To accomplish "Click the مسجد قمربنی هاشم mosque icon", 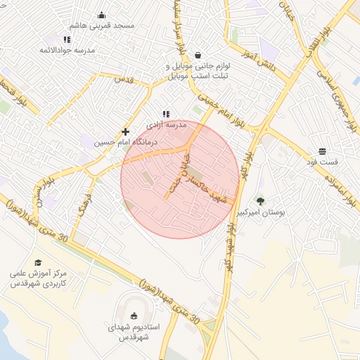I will click(x=101, y=15).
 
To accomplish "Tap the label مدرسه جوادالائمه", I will click(x=67, y=51).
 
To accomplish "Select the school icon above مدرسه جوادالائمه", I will click(x=67, y=40).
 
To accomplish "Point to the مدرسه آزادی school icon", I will click(x=166, y=114).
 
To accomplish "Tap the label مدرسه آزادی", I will click(x=167, y=124).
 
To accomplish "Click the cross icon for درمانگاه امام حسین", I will click(x=125, y=131).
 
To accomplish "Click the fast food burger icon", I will click(x=322, y=151).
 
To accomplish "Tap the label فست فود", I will click(x=322, y=162).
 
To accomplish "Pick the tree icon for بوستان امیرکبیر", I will click(x=260, y=201).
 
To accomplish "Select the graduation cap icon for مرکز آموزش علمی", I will click(x=37, y=262).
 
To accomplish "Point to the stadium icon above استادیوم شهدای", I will click(x=134, y=316).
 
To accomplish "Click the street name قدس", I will click(x=124, y=79).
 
